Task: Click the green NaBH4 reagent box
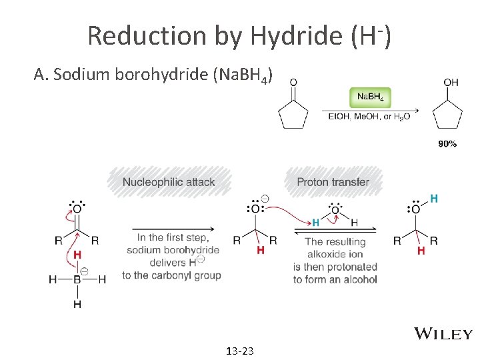370,97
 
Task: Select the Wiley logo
443,333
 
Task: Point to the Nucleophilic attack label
169,182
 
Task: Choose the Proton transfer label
333,182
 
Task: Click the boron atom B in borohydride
77,280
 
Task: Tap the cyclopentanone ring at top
294,117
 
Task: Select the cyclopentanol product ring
447,117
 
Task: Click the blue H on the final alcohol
434,198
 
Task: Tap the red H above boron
77,255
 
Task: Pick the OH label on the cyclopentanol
451,83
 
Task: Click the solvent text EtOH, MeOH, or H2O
369,117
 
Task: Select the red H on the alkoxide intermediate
260,250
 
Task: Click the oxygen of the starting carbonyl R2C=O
77,209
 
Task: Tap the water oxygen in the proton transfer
335,210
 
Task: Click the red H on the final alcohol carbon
421,250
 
